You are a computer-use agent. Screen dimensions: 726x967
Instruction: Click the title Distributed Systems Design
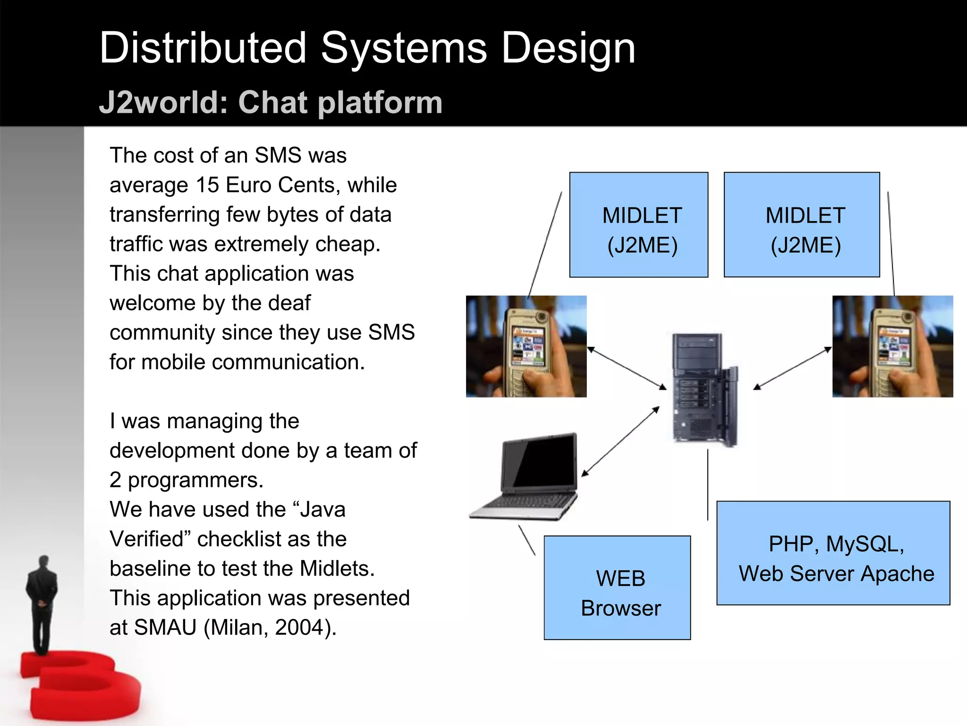pos(367,48)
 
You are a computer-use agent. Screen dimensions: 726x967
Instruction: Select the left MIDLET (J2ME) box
pos(638,225)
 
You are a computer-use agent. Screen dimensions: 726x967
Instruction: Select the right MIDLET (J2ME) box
pos(801,225)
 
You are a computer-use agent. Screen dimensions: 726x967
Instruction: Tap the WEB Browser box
pos(617,588)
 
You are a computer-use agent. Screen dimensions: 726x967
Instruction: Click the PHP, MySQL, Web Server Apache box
pos(833,553)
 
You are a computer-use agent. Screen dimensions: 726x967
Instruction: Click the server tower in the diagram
pos(704,390)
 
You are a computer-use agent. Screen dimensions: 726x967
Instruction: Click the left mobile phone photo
pos(526,346)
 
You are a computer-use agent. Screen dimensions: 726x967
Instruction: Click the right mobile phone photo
pos(892,346)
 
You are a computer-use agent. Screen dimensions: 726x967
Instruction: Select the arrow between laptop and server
pos(620,441)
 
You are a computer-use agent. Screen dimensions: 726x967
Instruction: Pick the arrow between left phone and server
pos(627,369)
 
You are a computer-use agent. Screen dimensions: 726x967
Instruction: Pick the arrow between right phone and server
pos(792,368)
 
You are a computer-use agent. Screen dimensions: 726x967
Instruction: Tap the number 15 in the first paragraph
pos(207,185)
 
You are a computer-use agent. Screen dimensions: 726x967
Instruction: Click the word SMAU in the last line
pos(165,628)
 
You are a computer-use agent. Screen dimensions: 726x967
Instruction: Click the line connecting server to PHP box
pos(707,484)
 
